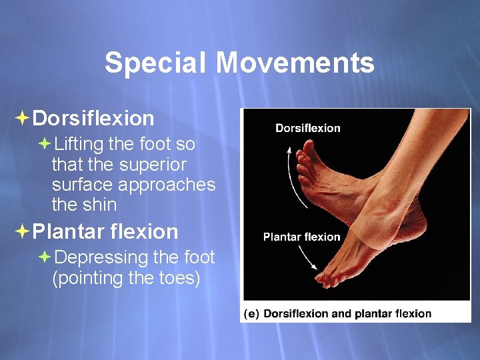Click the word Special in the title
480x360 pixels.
click(156, 63)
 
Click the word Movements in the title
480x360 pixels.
click(295, 63)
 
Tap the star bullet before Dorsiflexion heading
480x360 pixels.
click(21, 119)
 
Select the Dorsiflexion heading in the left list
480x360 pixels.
click(93, 119)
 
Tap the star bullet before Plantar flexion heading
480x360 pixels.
click(21, 232)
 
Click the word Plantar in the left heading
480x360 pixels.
click(68, 232)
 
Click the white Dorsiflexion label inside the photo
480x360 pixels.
click(307, 128)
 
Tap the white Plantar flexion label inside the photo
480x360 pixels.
click(301, 237)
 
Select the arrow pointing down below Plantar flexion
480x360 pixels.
click(307, 257)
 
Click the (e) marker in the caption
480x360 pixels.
click(251, 313)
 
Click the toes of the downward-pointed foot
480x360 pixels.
click(333, 277)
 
